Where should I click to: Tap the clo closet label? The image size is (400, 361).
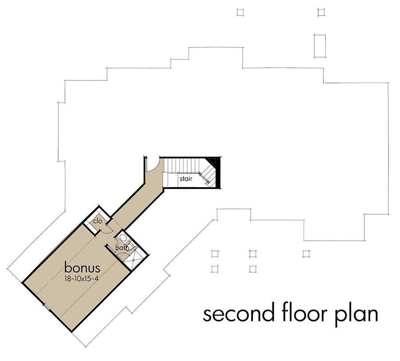[97, 220]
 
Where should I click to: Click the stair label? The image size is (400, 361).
[186, 180]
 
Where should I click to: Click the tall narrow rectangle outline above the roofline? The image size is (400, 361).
[320, 45]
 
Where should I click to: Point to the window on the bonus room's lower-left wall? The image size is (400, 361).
[46, 306]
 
